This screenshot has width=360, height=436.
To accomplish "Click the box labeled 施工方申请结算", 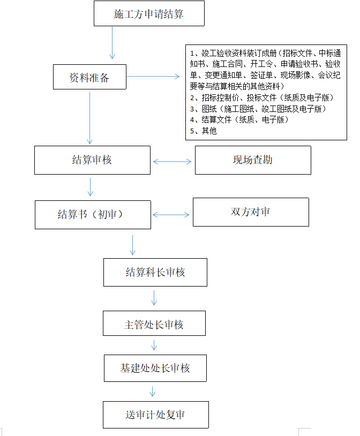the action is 149,13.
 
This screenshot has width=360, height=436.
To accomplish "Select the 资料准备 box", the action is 89,77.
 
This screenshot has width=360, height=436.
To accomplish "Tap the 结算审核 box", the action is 92,160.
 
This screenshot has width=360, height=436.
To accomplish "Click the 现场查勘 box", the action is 253,160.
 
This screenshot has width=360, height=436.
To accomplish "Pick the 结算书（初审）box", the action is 93,215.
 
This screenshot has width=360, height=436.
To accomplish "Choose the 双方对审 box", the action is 251,212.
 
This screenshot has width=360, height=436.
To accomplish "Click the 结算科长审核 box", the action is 155,272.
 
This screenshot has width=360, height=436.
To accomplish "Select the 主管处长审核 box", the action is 154,323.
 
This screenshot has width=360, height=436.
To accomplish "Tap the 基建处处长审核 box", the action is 155,368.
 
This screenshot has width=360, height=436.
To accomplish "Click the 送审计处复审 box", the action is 156,415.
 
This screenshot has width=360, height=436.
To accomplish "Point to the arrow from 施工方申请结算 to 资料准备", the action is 112,43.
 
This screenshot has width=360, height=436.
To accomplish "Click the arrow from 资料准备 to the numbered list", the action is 153,76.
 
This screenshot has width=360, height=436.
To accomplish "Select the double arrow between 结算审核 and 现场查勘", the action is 172,162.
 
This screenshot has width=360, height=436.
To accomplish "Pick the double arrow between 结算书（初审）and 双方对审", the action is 171,215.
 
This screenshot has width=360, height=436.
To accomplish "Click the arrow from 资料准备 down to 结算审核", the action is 89,118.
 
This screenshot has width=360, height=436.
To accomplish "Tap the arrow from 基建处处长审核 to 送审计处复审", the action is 152,391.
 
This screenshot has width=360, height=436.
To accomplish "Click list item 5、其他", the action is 204,131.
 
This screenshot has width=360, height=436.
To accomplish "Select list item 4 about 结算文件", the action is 239,119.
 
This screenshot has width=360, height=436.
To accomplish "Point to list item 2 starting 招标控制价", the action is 262,97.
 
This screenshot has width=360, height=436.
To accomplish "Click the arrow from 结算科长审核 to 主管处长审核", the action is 154,298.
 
